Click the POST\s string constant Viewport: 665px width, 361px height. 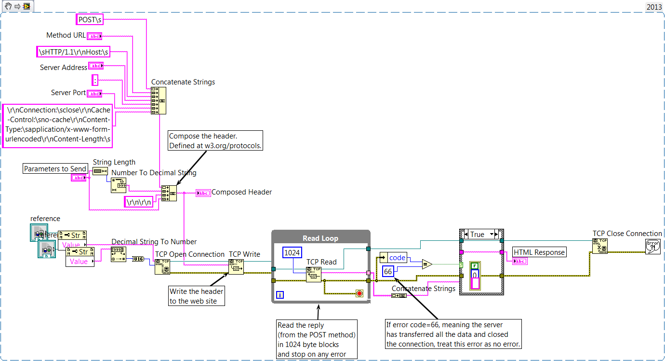(x=90, y=19)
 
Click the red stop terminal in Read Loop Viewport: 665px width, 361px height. (x=359, y=293)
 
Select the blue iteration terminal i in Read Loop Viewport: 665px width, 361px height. (x=280, y=294)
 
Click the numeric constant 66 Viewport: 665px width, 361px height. (x=388, y=272)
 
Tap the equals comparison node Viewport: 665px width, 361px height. (x=426, y=264)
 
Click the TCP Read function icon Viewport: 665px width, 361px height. (x=314, y=274)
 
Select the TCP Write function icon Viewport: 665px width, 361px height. (x=236, y=266)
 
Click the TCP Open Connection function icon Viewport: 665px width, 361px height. (x=162, y=266)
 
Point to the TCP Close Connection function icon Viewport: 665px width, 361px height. (x=599, y=246)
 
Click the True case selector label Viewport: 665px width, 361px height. (x=478, y=235)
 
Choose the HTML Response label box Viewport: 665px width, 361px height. (x=539, y=252)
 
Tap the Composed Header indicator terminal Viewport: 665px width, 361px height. (x=203, y=193)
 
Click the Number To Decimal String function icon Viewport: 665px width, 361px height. (x=119, y=185)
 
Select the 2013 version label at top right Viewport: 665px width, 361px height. (x=654, y=7)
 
